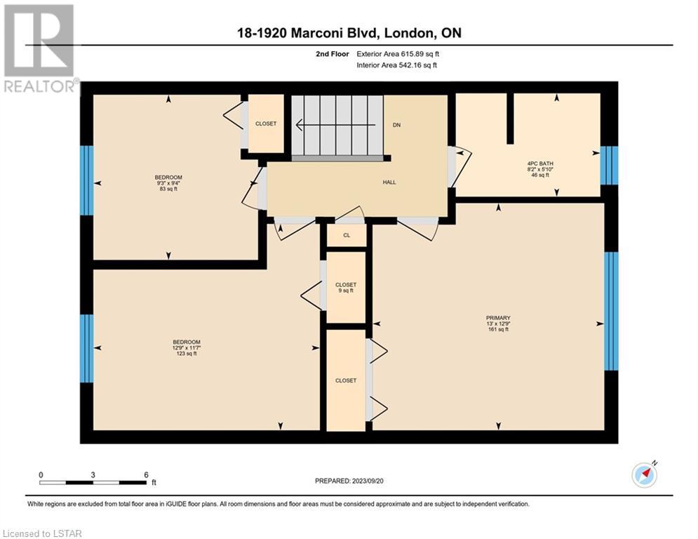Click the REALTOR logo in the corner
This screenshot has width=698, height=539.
coord(39,48)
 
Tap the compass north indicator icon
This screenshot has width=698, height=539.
coord(645,475)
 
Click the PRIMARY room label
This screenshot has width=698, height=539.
coord(497,324)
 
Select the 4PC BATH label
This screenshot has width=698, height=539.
coord(540,169)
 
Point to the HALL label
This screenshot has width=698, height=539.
coord(389,182)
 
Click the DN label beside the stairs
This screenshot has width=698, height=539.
coord(396,125)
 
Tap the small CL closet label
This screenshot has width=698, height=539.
coord(347,235)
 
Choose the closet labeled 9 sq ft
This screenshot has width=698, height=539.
coord(346,287)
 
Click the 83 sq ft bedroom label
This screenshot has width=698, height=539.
coord(168,183)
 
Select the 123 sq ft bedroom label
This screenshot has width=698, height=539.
coord(187,348)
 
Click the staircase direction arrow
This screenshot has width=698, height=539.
coord(335,125)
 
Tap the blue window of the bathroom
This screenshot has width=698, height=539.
coord(609,165)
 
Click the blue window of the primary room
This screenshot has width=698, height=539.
coord(611,312)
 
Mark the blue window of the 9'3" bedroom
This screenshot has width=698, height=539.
coord(87,180)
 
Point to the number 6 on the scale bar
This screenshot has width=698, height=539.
coord(146,475)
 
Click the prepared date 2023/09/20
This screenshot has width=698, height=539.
coord(368,481)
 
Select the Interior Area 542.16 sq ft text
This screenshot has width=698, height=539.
coord(396,65)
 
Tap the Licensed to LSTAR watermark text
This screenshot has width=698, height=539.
coord(42,533)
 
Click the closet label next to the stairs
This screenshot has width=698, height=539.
coord(266,124)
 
